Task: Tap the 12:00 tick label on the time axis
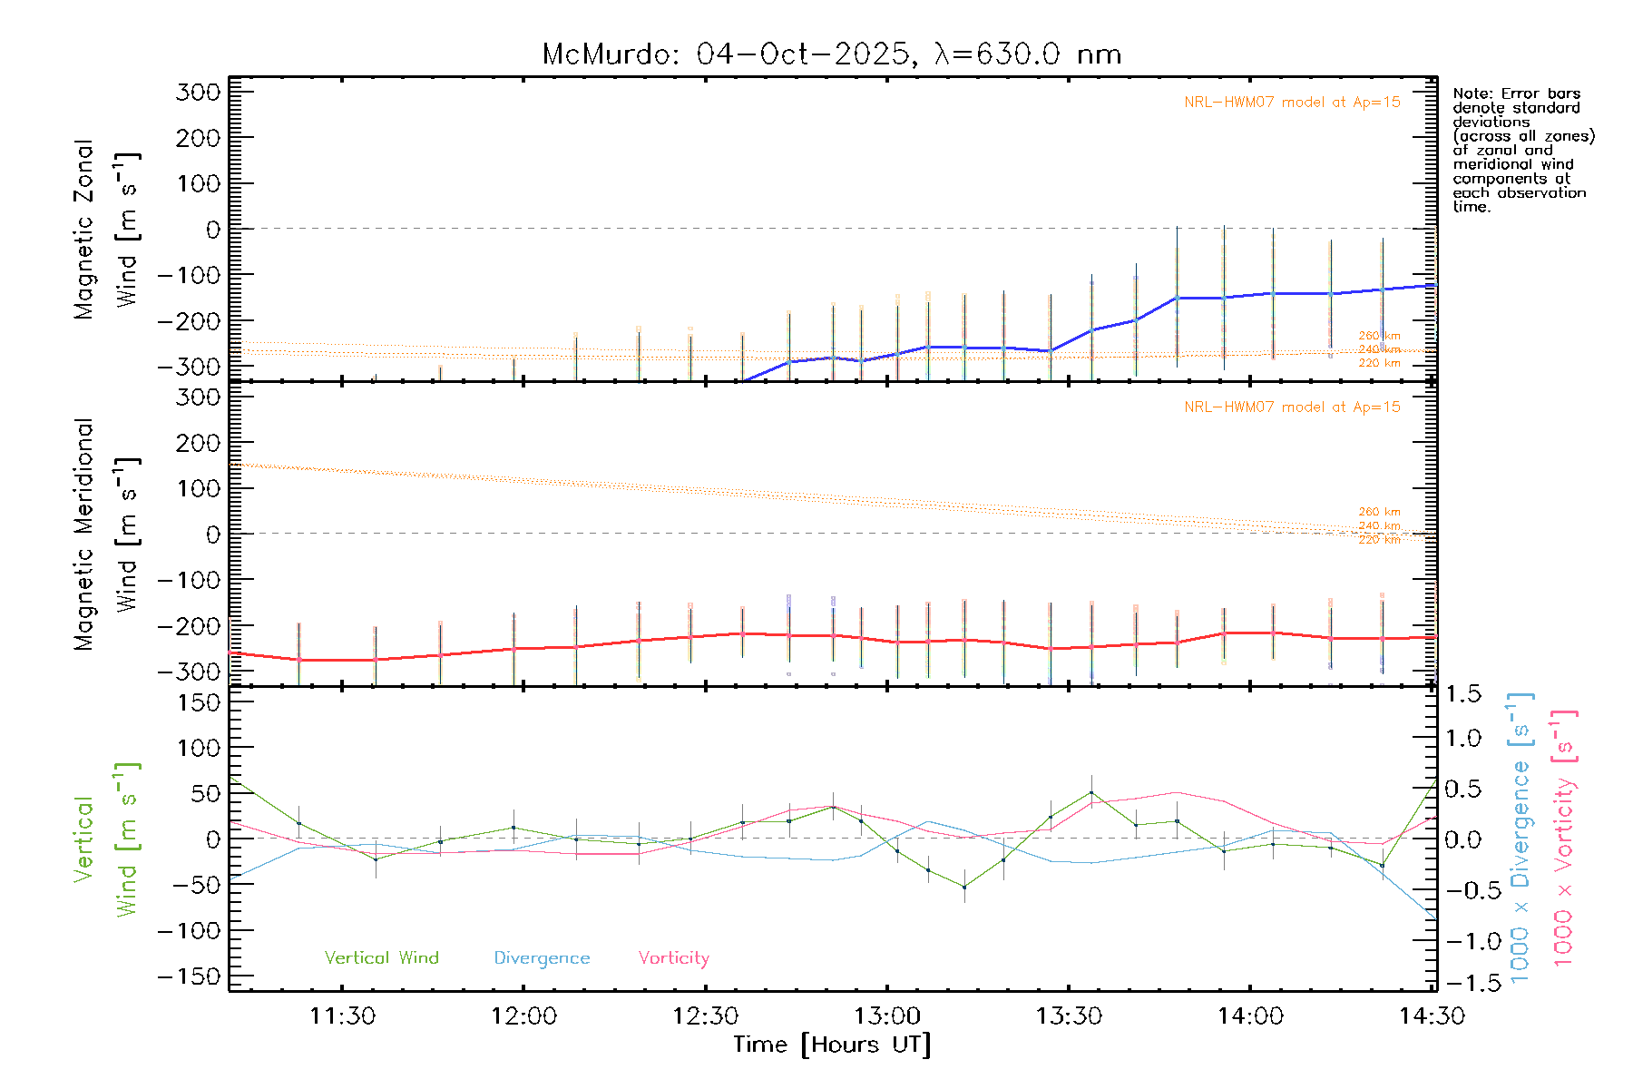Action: [x=523, y=1016]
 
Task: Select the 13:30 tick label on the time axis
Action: [x=1069, y=1016]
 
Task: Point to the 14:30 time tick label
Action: [x=1432, y=1016]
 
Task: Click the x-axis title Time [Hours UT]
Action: [x=832, y=1045]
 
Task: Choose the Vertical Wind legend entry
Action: [x=381, y=958]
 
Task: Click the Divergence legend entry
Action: [x=542, y=958]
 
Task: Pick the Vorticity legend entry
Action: [x=673, y=958]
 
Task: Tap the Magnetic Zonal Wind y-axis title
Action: [x=107, y=229]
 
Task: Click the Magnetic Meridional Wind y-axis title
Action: [x=107, y=535]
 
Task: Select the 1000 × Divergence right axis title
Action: [x=1520, y=838]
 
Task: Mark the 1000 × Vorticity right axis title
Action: [x=1563, y=838]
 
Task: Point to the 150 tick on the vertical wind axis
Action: [x=199, y=702]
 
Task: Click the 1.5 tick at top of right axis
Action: [x=1462, y=694]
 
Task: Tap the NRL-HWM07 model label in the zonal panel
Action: [x=1292, y=103]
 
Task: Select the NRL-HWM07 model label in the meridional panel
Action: [x=1292, y=407]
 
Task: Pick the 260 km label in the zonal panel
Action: [x=1379, y=336]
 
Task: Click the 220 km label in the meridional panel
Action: [x=1379, y=540]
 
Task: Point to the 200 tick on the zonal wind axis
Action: [x=199, y=138]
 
